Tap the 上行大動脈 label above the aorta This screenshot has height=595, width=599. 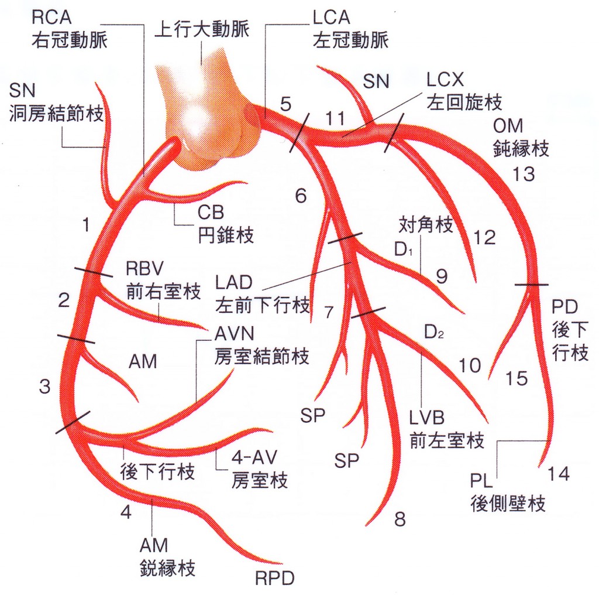click(x=202, y=29)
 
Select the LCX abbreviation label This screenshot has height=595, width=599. click(x=445, y=80)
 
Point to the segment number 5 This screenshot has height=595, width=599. click(x=285, y=104)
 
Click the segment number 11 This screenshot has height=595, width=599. click(x=335, y=118)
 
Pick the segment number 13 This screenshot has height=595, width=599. click(x=524, y=175)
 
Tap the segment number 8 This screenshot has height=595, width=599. click(x=400, y=519)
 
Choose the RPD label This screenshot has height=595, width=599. click(x=275, y=579)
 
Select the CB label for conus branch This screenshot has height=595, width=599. click(x=211, y=213)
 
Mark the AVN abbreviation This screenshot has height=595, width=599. click(x=234, y=334)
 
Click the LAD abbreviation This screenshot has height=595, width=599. click(x=234, y=282)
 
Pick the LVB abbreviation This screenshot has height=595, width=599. click(x=426, y=418)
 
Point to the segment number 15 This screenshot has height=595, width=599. click(x=517, y=378)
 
